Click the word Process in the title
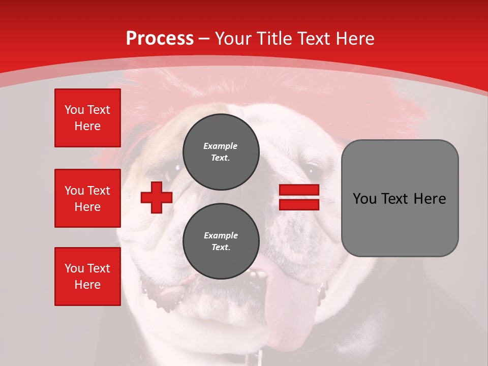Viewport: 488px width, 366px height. click(160, 39)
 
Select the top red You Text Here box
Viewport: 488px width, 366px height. click(87, 118)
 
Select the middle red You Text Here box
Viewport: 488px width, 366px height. click(87, 198)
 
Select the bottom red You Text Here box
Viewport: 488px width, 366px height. click(87, 277)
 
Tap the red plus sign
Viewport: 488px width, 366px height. click(157, 197)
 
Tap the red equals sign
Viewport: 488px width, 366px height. click(299, 197)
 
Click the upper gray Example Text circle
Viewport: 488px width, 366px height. click(221, 151)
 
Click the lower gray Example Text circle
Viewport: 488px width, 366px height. click(221, 241)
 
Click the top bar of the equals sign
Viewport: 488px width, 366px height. click(299, 190)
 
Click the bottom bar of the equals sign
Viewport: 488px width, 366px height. click(299, 204)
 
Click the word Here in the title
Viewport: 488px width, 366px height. click(355, 39)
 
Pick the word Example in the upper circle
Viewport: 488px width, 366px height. click(221, 146)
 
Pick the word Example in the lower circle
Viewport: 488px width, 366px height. click(221, 235)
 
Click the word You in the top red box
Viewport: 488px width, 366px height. click(74, 110)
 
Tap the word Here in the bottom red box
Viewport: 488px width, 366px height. click(87, 285)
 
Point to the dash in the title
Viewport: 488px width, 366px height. click(204, 39)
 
